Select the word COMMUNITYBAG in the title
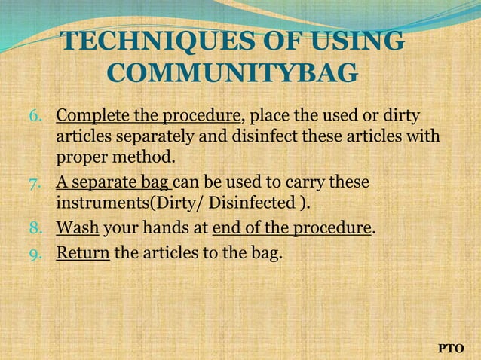coord(233,74)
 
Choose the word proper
coord(81,159)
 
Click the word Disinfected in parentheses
coord(253,204)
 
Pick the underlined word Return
coord(83,253)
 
